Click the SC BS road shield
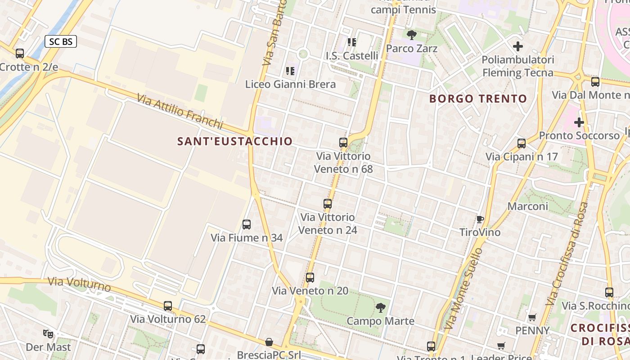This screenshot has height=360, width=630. point(61,42)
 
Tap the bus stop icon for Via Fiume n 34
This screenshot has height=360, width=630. point(247,224)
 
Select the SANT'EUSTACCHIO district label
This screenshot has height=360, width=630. point(235,141)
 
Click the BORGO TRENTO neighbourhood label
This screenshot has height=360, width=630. point(478,99)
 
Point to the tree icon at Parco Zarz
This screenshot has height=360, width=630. point(411,35)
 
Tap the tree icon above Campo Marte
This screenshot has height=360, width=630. point(381,308)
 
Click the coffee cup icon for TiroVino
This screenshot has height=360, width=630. point(480,219)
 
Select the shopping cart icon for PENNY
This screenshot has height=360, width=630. point(532,317)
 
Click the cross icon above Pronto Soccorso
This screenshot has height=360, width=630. point(579,122)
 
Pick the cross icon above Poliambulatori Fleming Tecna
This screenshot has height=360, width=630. point(518,46)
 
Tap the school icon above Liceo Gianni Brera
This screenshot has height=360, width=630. point(290,71)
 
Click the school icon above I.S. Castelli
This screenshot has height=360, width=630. point(352,42)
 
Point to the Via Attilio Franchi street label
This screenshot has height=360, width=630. point(180,111)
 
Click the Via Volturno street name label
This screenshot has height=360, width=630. point(79,284)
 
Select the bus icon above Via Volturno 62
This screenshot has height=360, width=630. point(168,306)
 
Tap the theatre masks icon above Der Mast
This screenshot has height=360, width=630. point(48,334)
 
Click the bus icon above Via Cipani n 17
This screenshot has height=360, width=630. point(522,144)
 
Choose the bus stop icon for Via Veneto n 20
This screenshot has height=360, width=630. point(310,278)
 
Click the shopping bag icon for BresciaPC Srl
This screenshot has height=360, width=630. point(269,342)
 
